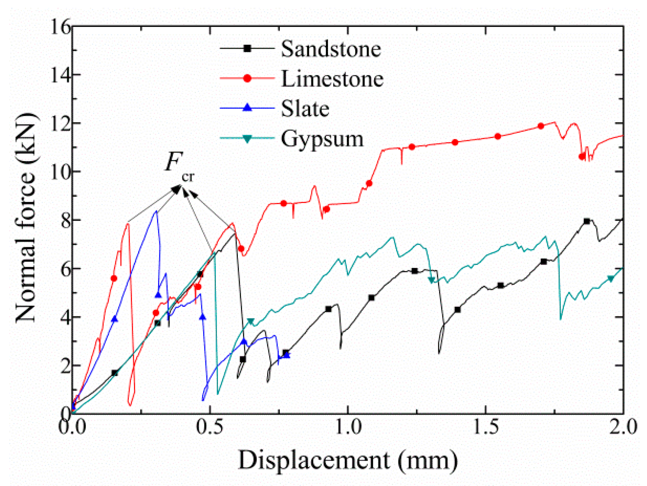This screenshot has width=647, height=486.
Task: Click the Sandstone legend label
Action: tap(331, 49)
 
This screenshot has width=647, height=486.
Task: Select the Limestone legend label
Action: tap(332, 79)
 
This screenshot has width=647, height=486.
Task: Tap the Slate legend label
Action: tap(305, 109)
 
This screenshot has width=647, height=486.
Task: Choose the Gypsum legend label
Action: tap(322, 139)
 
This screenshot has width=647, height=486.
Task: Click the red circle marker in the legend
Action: tap(247, 78)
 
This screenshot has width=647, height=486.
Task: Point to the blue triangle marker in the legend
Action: tap(247, 108)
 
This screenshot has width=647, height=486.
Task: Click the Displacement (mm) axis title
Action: tap(348, 460)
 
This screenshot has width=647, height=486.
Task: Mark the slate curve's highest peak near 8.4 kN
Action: tap(156, 211)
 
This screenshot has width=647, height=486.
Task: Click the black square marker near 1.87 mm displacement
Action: tap(587, 221)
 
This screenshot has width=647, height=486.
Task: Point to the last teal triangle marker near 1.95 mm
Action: tap(611, 279)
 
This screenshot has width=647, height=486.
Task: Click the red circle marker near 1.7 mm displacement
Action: tap(541, 126)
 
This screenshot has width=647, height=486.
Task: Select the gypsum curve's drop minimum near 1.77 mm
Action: tap(560, 319)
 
